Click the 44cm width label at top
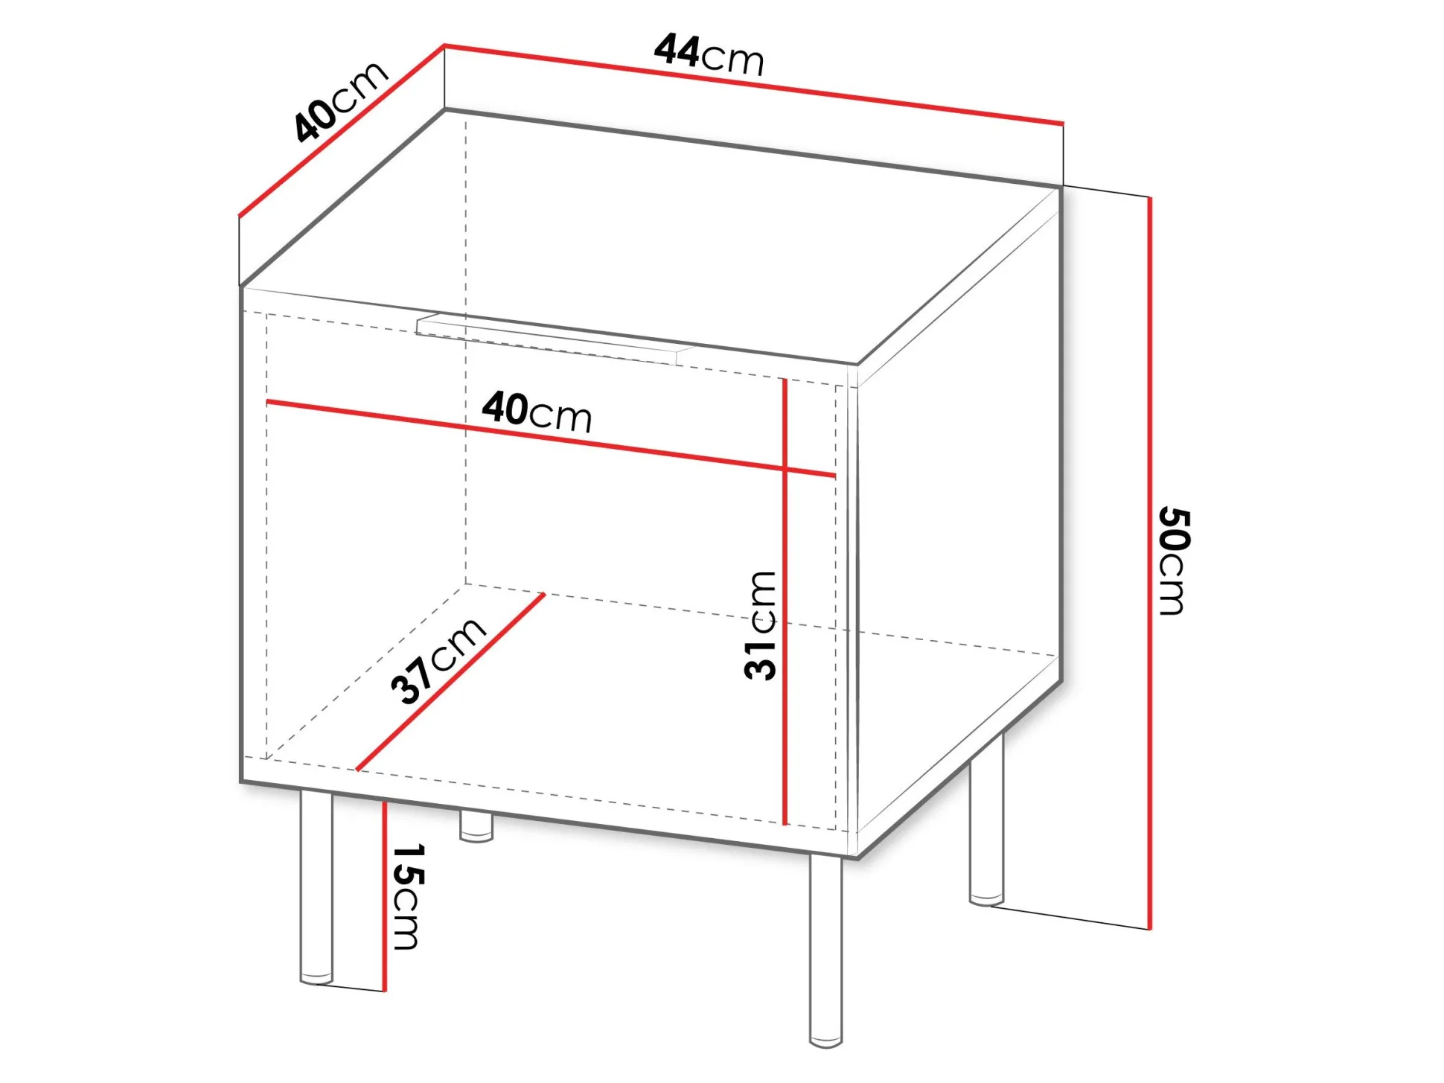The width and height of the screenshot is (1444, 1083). (x=709, y=55)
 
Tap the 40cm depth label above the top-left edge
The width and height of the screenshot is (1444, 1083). (x=340, y=100)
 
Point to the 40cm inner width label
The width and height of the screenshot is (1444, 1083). (x=537, y=412)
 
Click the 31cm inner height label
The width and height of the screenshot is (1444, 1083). (x=761, y=625)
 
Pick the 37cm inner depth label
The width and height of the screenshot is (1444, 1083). (x=438, y=660)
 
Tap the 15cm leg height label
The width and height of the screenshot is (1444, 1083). (x=408, y=897)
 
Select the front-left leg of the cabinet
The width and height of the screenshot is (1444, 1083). (x=316, y=887)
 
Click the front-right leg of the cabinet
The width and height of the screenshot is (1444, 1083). (x=826, y=951)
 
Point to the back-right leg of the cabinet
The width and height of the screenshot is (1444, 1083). (x=987, y=819)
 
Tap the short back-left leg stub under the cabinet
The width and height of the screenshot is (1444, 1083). (x=476, y=826)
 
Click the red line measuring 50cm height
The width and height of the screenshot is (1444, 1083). (x=1150, y=563)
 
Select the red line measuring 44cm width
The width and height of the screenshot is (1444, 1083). (x=754, y=84)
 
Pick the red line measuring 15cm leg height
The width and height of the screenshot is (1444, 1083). (x=385, y=896)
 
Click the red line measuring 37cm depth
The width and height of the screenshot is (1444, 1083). (x=451, y=682)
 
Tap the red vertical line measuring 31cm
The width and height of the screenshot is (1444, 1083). (x=785, y=601)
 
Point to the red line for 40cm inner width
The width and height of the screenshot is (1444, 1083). (x=551, y=438)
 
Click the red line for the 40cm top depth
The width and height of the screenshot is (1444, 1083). (x=342, y=131)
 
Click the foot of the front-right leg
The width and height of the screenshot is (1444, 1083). (x=826, y=1042)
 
